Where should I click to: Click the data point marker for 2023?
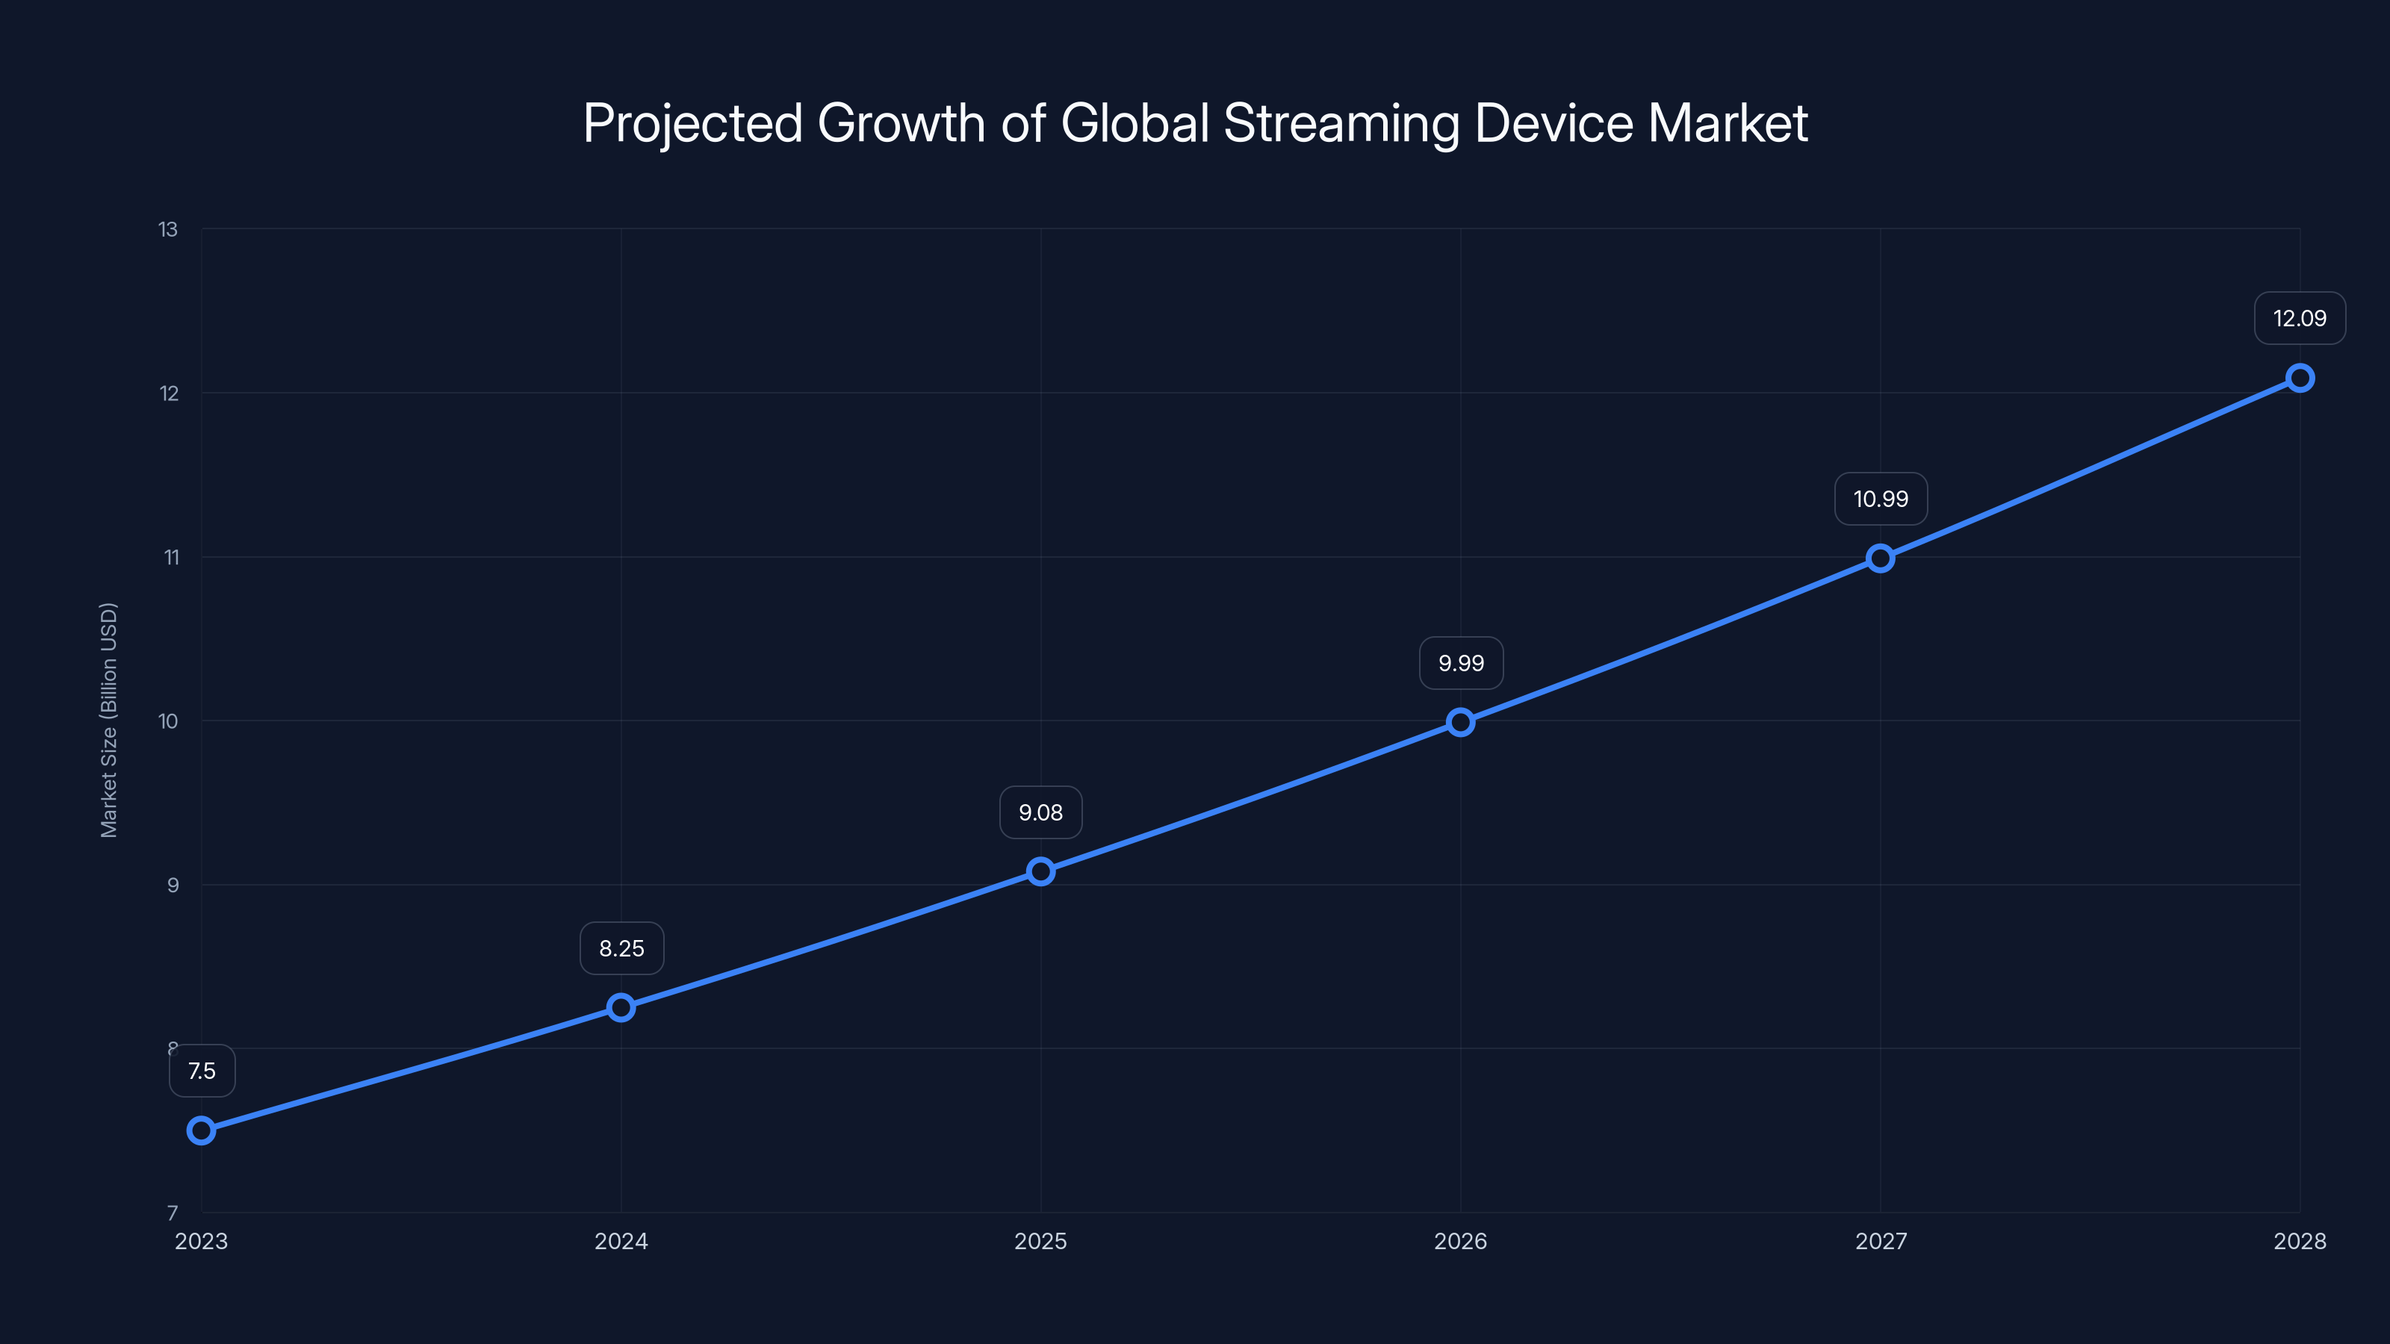202,1130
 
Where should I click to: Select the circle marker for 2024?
621,1007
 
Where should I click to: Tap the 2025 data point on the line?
1041,871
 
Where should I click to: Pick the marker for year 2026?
1460,721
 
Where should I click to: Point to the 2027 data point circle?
1881,559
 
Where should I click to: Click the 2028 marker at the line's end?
2300,378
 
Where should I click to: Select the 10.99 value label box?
1881,499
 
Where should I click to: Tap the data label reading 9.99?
1462,663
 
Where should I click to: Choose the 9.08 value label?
1041,812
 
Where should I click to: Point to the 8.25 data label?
621,948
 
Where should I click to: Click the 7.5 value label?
202,1071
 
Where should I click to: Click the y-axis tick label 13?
168,229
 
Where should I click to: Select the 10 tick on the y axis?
168,721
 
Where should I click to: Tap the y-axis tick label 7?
173,1213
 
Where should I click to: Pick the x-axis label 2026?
1460,1241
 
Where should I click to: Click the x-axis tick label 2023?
202,1241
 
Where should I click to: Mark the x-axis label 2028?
2300,1241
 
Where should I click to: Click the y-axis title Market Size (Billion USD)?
108,721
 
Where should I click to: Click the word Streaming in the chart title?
1341,123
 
